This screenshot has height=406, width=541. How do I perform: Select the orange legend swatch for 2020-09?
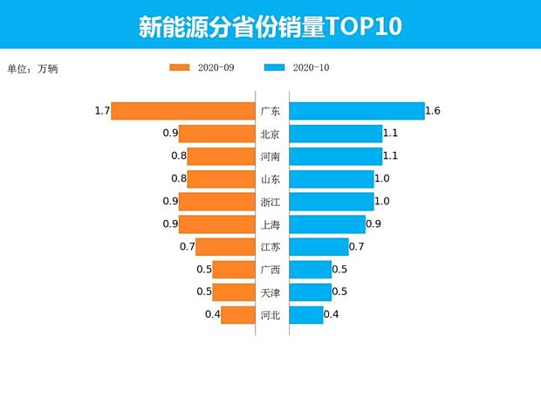click(x=180, y=68)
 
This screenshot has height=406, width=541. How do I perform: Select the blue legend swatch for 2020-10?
click(x=275, y=68)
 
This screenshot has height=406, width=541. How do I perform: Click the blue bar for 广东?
click(x=356, y=111)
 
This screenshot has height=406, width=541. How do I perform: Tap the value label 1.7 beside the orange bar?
click(x=102, y=111)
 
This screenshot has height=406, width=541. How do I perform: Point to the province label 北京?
click(x=270, y=134)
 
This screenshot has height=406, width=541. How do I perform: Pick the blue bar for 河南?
click(x=335, y=156)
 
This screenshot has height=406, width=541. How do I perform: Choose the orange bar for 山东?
click(x=220, y=179)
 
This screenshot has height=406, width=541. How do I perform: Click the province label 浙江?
click(x=270, y=202)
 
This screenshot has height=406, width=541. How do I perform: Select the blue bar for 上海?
click(x=327, y=224)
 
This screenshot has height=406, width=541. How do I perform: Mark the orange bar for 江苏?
click(x=224, y=247)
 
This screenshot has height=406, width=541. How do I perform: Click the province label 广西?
click(x=270, y=270)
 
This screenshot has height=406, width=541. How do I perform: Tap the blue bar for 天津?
click(x=310, y=292)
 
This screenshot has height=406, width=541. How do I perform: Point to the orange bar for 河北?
click(x=236, y=315)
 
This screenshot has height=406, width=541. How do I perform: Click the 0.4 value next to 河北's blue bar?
click(x=332, y=315)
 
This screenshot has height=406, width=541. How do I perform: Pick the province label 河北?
click(x=270, y=315)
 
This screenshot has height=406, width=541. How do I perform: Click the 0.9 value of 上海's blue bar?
click(x=373, y=224)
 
